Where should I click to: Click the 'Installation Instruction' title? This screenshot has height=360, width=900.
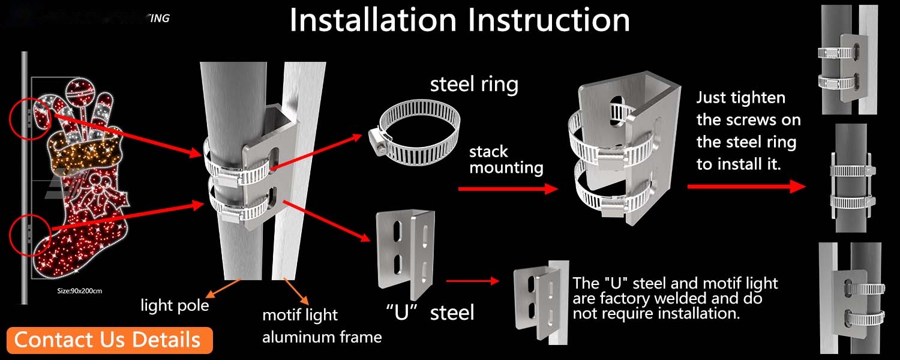[x=460, y=20]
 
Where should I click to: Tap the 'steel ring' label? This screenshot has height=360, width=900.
[x=474, y=85]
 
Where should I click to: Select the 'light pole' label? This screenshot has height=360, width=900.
[x=175, y=305]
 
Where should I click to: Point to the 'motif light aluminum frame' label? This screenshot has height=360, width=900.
[x=322, y=326]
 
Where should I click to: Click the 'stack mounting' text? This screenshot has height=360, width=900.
[x=506, y=160]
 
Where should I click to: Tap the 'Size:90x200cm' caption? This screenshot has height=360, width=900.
[x=80, y=291]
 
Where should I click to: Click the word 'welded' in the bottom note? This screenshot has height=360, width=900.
[x=700, y=299]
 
